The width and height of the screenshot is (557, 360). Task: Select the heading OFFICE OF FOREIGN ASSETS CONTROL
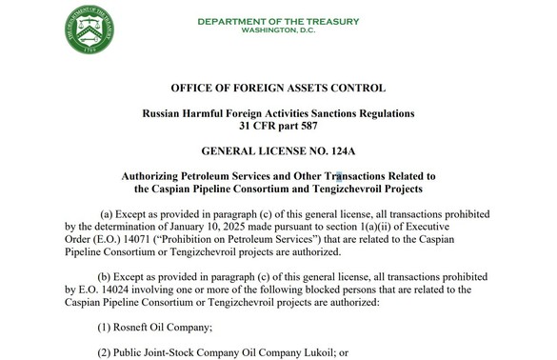pos(278,89)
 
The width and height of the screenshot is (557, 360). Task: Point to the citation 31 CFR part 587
pos(278,127)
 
